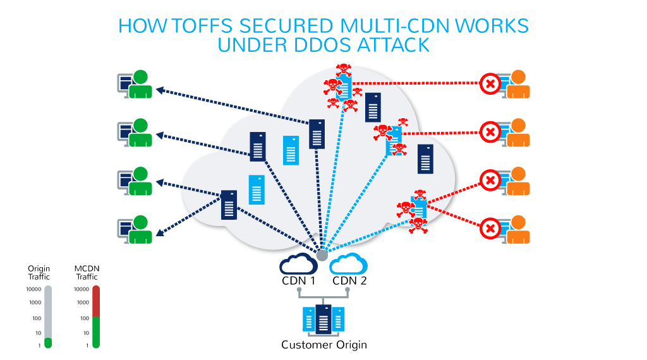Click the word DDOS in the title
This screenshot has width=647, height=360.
311,45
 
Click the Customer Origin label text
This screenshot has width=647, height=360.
323,345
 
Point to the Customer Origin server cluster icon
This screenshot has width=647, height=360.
323,319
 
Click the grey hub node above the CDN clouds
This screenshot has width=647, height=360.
322,255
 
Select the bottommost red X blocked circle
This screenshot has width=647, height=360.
490,228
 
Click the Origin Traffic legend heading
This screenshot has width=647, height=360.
39,273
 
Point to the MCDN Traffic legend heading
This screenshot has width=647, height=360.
87,273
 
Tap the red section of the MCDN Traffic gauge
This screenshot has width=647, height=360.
96,302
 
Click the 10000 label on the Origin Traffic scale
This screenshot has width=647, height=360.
33,289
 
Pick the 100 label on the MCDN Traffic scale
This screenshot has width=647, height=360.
84,318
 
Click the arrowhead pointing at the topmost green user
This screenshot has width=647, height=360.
160,90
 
